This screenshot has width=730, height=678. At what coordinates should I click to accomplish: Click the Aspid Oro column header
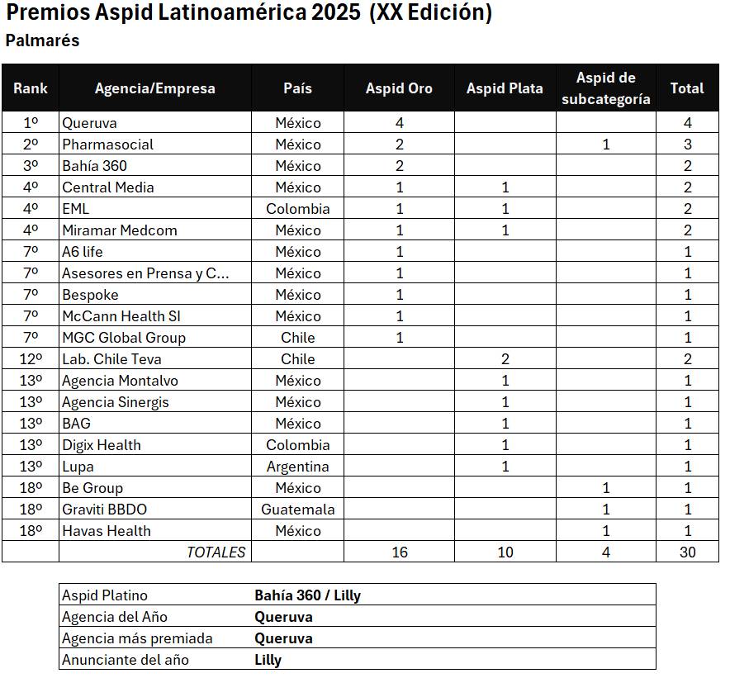click(399, 88)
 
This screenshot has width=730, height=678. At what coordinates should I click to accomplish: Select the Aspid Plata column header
click(505, 88)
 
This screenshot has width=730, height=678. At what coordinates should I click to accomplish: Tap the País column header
click(297, 88)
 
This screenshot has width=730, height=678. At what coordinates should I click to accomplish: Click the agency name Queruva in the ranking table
click(89, 123)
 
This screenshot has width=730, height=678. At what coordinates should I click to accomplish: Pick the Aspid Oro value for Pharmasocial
click(400, 145)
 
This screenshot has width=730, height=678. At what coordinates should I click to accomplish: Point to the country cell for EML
click(297, 209)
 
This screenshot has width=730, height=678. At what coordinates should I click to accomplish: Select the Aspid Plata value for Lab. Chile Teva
click(505, 359)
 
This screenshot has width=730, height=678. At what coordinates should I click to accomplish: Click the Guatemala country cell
click(297, 510)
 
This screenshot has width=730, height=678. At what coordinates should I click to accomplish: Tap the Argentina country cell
click(297, 467)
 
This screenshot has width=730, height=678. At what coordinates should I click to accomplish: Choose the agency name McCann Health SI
click(121, 316)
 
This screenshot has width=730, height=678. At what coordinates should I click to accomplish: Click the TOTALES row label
click(216, 552)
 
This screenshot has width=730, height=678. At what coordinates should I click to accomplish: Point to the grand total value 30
click(687, 552)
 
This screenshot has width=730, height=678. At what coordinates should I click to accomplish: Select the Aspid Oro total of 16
click(400, 552)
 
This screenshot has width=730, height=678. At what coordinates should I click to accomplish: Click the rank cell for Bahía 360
click(31, 166)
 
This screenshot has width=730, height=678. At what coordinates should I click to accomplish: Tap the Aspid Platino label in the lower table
click(105, 595)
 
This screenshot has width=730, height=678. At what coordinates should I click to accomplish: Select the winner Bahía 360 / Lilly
click(307, 595)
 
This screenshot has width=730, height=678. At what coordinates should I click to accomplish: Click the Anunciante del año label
click(126, 660)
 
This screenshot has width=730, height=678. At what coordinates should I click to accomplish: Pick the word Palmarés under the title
click(42, 40)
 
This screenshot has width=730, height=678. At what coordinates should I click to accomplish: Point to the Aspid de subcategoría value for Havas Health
click(606, 531)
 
